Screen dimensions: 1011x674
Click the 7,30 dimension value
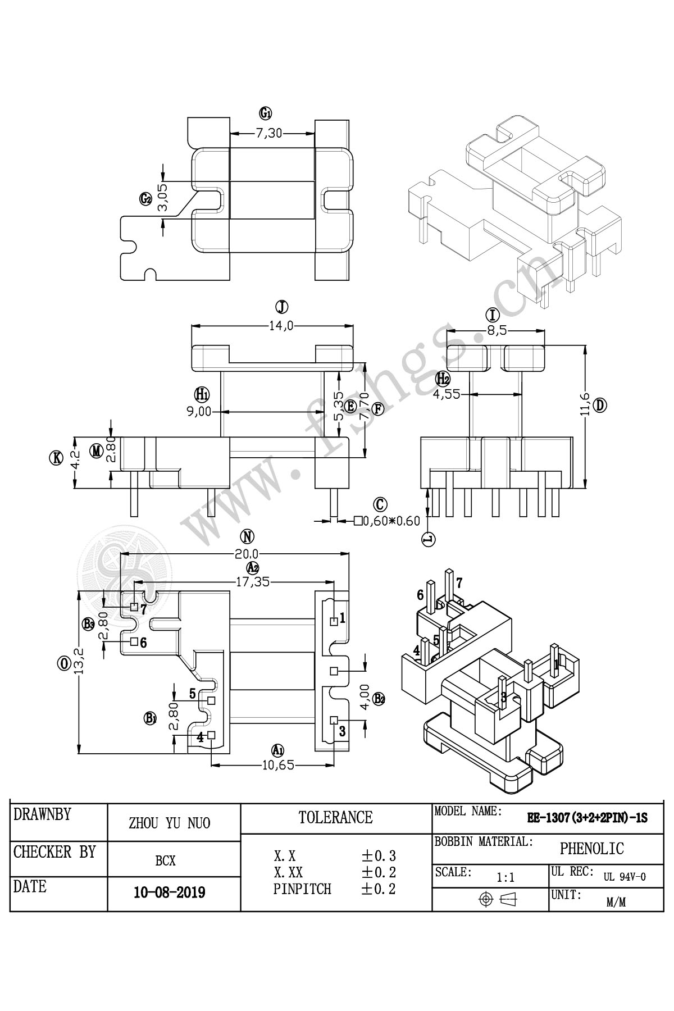point(269,134)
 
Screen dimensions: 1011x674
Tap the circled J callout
point(281,307)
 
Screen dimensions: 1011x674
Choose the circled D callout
point(600,405)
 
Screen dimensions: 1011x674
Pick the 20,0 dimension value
point(247,554)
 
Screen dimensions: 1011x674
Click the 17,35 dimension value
point(252,582)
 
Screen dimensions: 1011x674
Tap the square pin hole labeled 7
point(134,607)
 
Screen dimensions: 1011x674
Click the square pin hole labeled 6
point(134,641)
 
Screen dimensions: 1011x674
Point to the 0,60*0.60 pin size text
point(391,521)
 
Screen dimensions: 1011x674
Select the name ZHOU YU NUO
point(170,823)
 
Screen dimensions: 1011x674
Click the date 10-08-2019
point(169,892)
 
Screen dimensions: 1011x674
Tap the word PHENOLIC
point(591,848)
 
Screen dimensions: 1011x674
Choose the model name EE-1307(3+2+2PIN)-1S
point(586,818)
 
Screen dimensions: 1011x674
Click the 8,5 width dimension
point(495,331)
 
